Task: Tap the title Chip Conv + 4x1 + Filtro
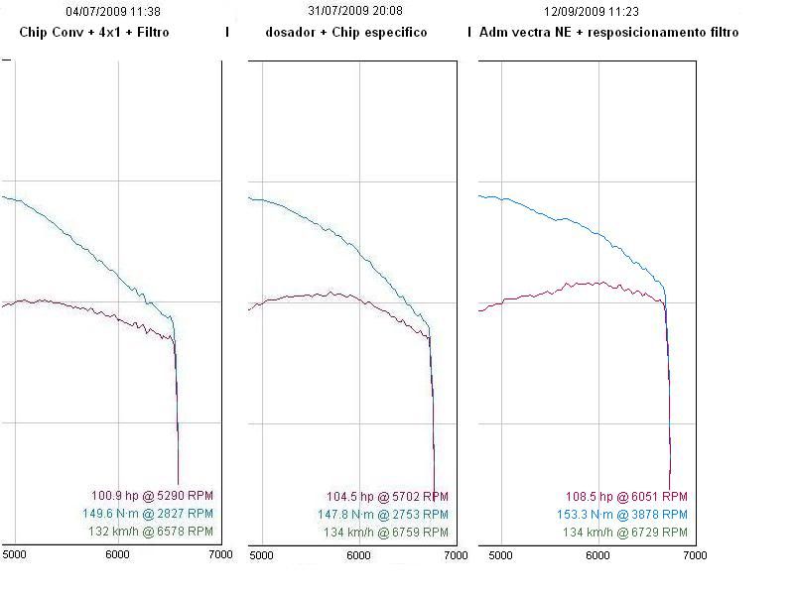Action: [x=94, y=32]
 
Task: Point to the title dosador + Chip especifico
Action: [x=346, y=32]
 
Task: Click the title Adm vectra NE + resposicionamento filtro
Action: [x=608, y=32]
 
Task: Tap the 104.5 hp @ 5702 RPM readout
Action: [x=387, y=497]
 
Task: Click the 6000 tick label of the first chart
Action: [x=118, y=555]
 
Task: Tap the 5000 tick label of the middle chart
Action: [x=261, y=555]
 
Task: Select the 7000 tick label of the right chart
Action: [x=694, y=555]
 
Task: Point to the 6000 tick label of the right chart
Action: [x=597, y=555]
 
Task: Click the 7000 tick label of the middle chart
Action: [x=456, y=555]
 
